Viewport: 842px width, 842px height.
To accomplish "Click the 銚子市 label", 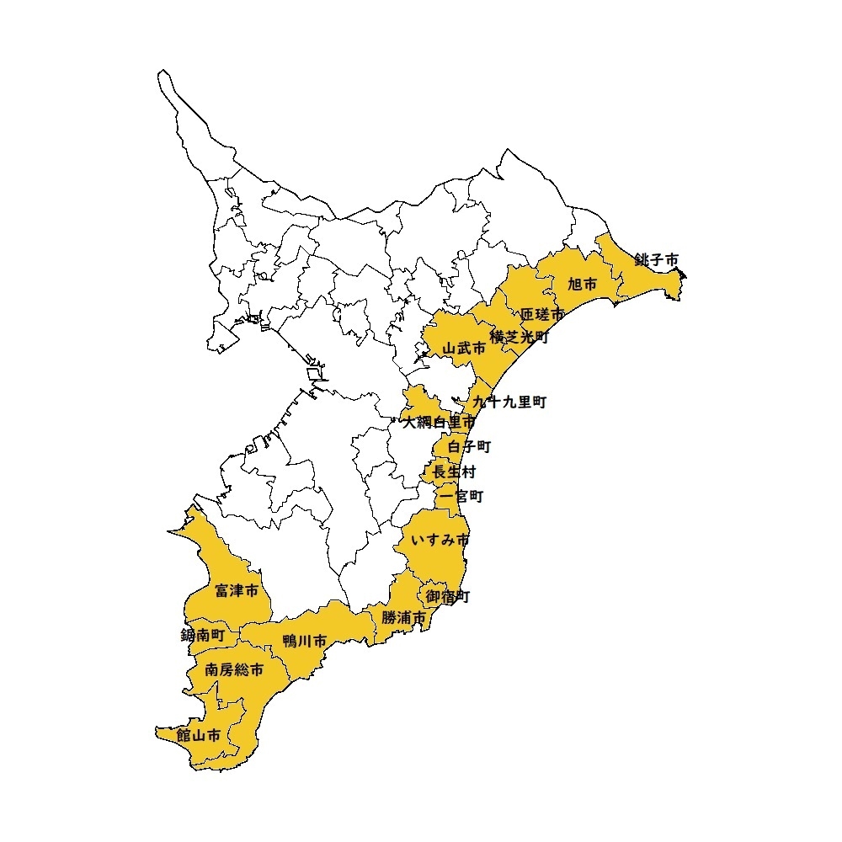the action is point(657,260).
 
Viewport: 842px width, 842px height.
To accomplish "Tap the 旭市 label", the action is point(582,285).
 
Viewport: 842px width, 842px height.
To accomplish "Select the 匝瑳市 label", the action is point(542,315).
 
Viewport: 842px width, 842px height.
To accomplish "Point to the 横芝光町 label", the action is point(520,336).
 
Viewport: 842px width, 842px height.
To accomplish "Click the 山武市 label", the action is point(464,347).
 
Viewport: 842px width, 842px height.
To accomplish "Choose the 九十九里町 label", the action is point(509,402).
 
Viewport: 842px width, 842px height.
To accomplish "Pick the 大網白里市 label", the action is point(439,421).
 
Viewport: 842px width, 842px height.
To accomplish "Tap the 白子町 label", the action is point(469,446).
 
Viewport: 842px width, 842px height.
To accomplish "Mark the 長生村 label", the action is point(454,472).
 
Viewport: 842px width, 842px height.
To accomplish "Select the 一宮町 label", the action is point(461,497).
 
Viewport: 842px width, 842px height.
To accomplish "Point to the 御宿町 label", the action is point(447,596).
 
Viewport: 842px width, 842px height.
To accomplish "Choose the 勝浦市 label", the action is point(403,617).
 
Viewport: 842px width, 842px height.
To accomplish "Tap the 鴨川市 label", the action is point(305,642).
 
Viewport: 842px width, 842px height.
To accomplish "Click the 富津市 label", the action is point(237,591).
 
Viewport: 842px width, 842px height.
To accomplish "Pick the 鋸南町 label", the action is point(203,636).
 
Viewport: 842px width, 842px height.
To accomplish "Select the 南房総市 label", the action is point(234,671).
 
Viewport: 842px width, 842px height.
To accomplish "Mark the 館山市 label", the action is point(199,735).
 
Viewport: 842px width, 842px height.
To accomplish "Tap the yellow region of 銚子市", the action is point(648,282).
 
